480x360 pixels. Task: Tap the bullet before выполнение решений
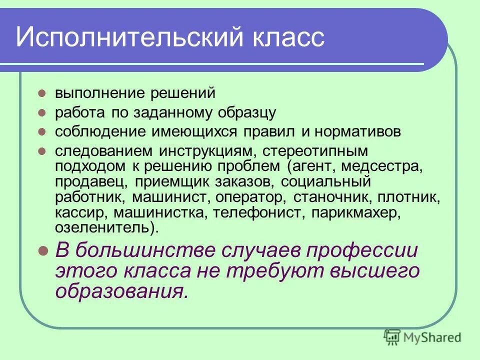click(43, 93)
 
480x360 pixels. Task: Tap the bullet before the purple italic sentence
click(43, 250)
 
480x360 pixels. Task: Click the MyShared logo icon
click(392, 337)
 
